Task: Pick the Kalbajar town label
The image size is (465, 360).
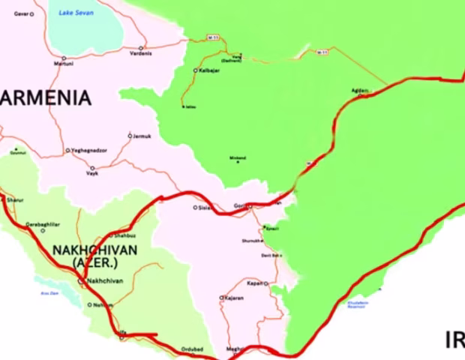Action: [210, 70]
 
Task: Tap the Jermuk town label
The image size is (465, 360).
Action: [142, 136]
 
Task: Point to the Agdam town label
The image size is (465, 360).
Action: [360, 90]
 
